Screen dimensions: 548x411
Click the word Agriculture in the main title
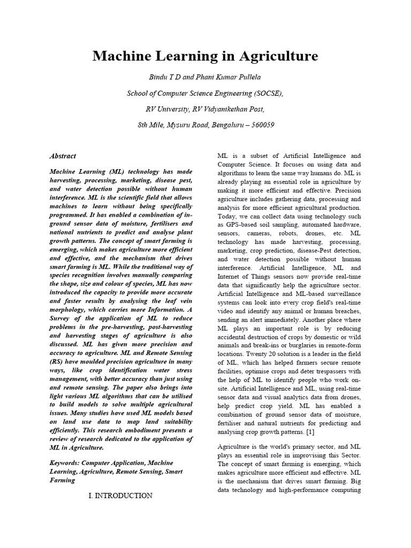tap(273, 56)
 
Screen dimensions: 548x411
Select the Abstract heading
tap(63, 156)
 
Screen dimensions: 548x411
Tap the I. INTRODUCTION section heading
tap(120, 496)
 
